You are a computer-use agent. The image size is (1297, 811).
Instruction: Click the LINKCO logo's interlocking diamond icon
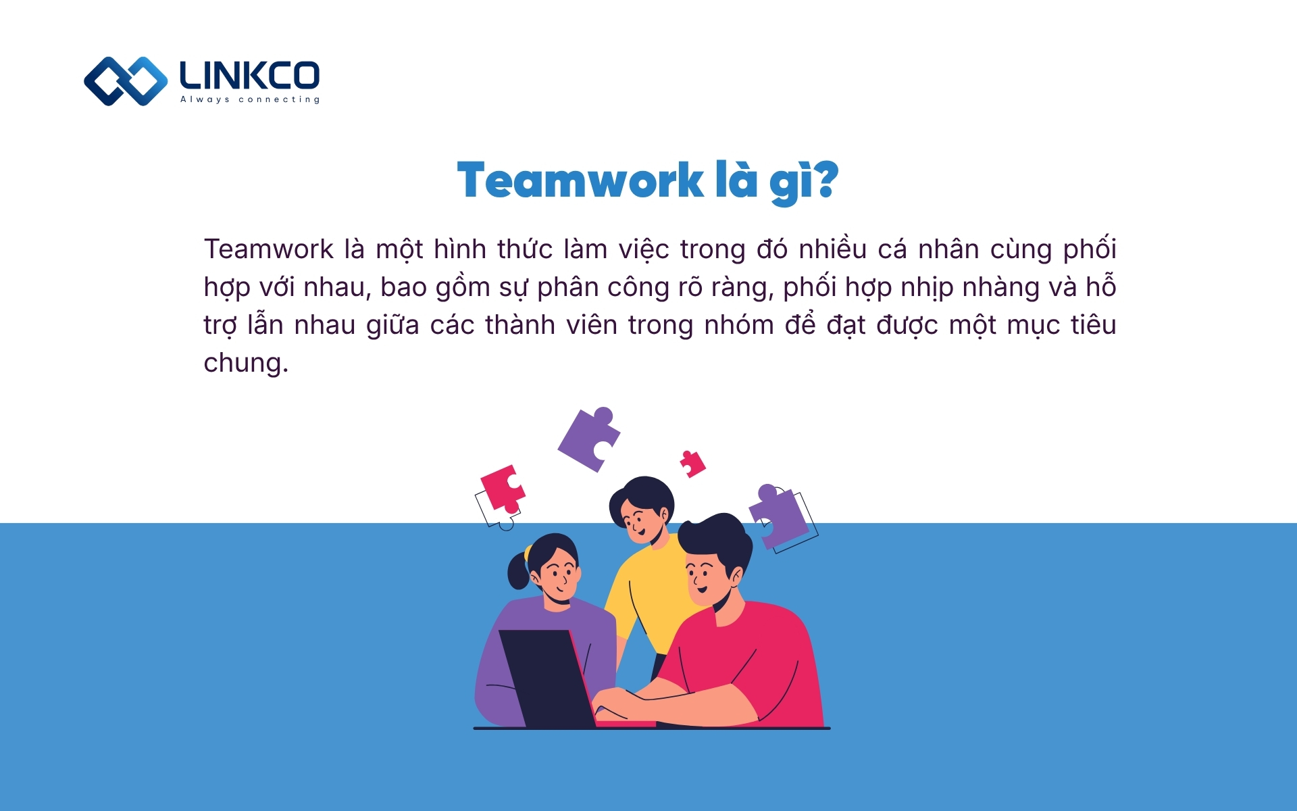point(126,81)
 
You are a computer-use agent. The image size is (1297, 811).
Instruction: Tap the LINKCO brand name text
point(249,75)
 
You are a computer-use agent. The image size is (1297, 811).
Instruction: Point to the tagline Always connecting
point(249,99)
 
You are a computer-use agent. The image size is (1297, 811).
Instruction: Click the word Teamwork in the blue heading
point(580,181)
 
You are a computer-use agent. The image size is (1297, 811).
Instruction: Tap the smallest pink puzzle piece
point(692,464)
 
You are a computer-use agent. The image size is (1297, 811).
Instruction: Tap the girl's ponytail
point(518,572)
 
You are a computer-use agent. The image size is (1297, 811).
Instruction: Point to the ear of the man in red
point(734,575)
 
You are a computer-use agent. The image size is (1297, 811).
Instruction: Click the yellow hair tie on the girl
point(528,554)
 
